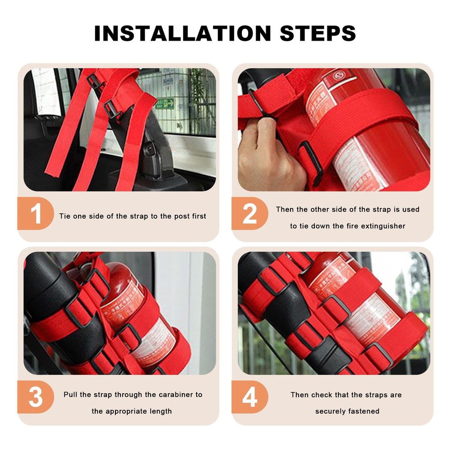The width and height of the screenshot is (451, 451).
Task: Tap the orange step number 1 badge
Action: pyautogui.click(x=36, y=214)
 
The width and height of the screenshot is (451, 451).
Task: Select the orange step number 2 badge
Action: pyautogui.click(x=250, y=214)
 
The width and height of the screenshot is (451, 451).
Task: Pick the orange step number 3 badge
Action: pyautogui.click(x=36, y=397)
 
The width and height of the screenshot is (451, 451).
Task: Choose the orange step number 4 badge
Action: pyautogui.click(x=250, y=397)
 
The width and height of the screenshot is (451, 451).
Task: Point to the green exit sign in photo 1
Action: pyautogui.click(x=166, y=103)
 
